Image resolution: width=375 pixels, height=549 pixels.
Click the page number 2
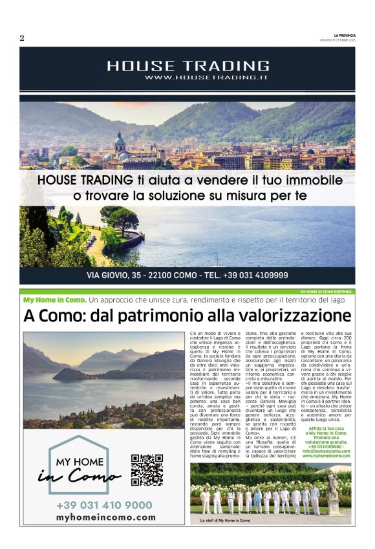[22, 38]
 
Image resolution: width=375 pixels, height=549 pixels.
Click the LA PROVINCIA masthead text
[344, 35]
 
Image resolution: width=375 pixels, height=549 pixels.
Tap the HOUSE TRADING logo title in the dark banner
[187, 65]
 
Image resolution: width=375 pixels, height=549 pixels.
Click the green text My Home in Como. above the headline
[54, 301]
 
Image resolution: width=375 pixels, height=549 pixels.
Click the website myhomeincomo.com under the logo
[106, 517]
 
